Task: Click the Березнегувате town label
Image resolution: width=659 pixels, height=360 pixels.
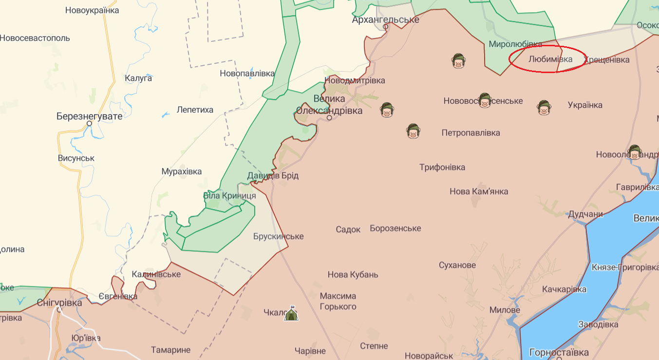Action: pyautogui.click(x=90, y=116)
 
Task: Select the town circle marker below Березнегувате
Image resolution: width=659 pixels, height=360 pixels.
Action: pyautogui.click(x=90, y=124)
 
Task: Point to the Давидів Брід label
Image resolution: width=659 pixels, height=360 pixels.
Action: pyautogui.click(x=273, y=175)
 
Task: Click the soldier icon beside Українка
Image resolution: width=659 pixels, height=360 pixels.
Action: pyautogui.click(x=544, y=107)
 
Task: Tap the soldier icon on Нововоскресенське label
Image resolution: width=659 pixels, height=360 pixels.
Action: pyautogui.click(x=484, y=100)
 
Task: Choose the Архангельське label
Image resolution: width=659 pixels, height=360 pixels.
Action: pyautogui.click(x=385, y=20)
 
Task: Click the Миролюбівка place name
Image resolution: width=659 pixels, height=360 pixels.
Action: pyautogui.click(x=515, y=44)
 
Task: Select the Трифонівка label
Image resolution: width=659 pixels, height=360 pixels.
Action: pyautogui.click(x=442, y=167)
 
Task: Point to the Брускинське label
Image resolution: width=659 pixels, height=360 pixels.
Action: pyautogui.click(x=278, y=236)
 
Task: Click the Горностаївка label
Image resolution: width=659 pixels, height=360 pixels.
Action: pyautogui.click(x=559, y=352)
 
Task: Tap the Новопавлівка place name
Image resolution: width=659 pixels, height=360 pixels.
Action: pyautogui.click(x=247, y=74)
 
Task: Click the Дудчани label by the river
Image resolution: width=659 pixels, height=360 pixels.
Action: pyautogui.click(x=585, y=214)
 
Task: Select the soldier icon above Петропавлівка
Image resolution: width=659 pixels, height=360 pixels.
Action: pyautogui.click(x=413, y=131)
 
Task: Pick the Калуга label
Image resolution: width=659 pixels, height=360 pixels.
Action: pyautogui.click(x=138, y=78)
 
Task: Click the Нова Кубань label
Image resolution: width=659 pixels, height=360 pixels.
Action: pyautogui.click(x=353, y=274)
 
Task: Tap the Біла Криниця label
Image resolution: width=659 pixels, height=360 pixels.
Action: pyautogui.click(x=229, y=195)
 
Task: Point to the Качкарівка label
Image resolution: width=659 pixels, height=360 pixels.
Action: pyautogui.click(x=564, y=289)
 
